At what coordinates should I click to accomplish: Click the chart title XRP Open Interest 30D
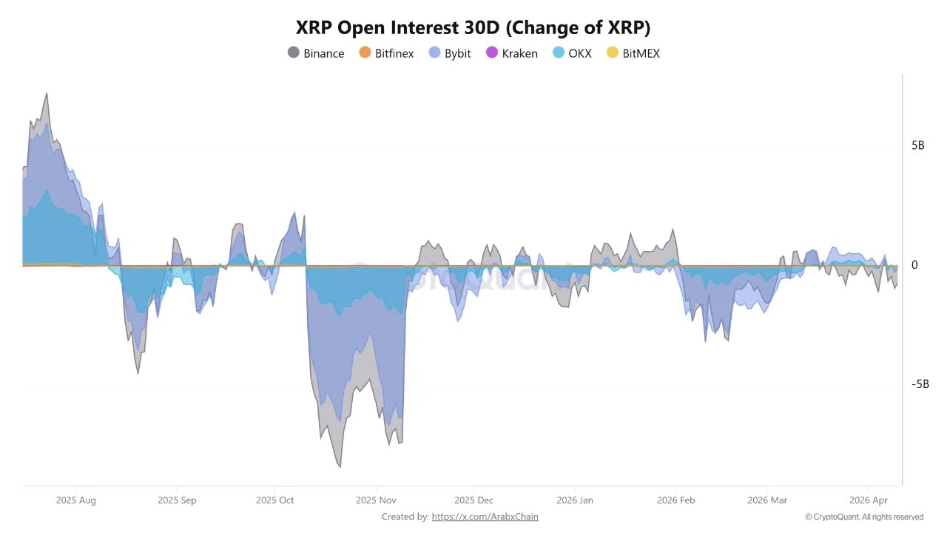[x=473, y=27]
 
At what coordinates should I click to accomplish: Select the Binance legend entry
[x=316, y=53]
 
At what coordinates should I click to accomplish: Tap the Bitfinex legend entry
[x=385, y=53]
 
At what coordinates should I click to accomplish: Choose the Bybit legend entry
[x=450, y=53]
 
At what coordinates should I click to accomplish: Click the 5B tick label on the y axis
[x=917, y=145]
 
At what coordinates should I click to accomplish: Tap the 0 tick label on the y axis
[x=914, y=265]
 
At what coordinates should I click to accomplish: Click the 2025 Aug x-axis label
[x=75, y=500]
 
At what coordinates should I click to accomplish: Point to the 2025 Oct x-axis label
[x=275, y=500]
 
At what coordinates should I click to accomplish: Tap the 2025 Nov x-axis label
[x=376, y=500]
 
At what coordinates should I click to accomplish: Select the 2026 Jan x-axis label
[x=575, y=500]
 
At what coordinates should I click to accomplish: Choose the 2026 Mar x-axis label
[x=768, y=500]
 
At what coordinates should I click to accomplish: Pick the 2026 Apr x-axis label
[x=869, y=500]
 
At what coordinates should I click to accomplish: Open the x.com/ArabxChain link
[x=485, y=517]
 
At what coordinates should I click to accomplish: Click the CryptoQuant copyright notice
[x=863, y=517]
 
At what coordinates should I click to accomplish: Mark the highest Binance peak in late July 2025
[x=47, y=93]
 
